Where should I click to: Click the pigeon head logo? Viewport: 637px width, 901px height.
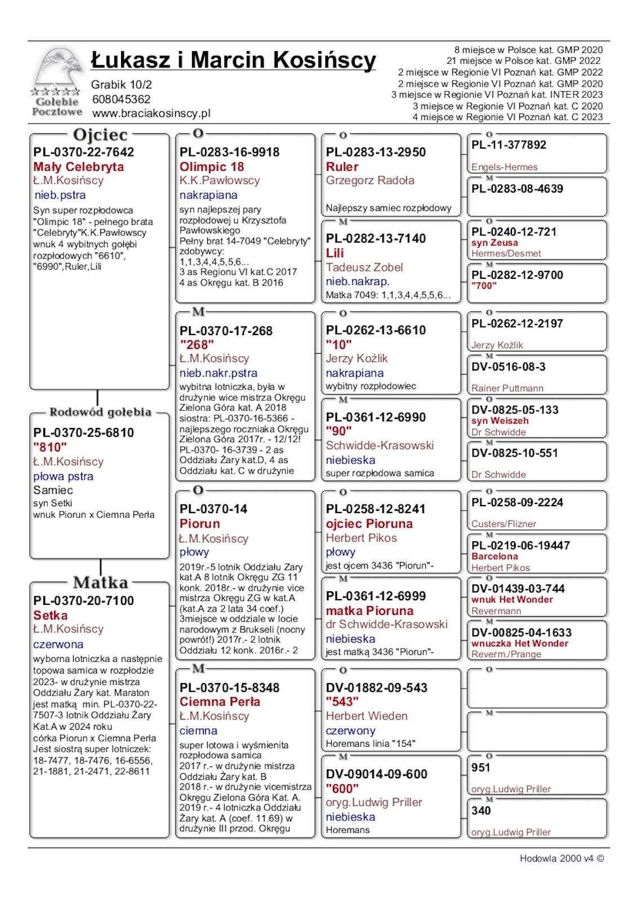(56, 71)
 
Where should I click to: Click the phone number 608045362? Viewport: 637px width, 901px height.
(121, 99)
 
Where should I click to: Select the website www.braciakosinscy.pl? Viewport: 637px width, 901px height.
(151, 113)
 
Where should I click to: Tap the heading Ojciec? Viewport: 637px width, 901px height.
(100, 135)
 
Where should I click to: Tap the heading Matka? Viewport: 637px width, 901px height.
(100, 582)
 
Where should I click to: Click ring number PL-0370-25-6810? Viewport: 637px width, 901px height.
(83, 432)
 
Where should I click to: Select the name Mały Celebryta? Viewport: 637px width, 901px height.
(78, 167)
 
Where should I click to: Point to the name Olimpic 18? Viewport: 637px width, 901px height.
(212, 167)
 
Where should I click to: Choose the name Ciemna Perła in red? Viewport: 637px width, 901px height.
(220, 702)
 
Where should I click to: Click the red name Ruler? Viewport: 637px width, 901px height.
(342, 167)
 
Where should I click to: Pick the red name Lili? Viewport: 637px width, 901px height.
(335, 253)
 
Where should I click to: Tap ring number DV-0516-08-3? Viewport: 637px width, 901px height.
(509, 367)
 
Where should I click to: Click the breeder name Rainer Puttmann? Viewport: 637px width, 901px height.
(507, 388)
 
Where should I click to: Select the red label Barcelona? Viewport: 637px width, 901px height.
(495, 556)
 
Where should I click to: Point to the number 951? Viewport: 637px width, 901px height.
(481, 768)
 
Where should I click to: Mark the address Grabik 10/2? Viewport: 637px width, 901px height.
(122, 85)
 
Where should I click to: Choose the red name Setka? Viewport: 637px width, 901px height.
(50, 615)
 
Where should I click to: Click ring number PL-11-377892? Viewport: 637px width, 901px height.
(509, 145)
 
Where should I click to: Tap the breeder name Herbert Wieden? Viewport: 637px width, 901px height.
(367, 716)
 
